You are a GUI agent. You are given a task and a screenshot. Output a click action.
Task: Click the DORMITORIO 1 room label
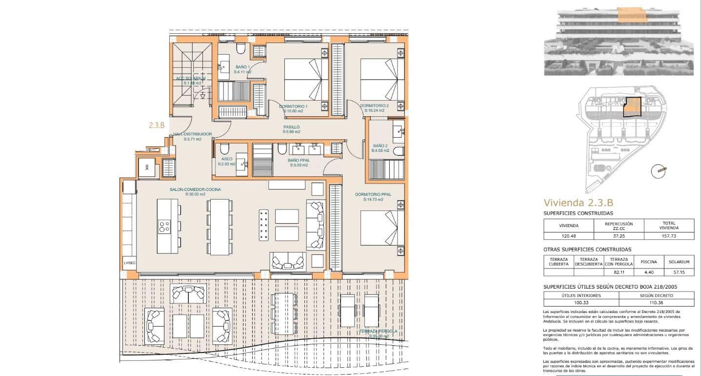[x=293, y=106]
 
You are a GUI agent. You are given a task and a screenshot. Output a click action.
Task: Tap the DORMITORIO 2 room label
[x=374, y=106]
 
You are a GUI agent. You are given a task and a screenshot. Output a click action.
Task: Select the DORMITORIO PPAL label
[x=373, y=194]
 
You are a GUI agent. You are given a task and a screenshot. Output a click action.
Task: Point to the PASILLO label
[x=291, y=127]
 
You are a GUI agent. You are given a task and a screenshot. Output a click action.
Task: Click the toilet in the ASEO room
[x=224, y=149]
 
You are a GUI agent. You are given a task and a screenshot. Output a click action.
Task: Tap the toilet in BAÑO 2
[x=398, y=150]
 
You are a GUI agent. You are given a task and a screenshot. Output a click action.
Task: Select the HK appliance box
[x=147, y=168]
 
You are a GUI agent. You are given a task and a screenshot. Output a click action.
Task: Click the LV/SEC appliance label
[x=130, y=263]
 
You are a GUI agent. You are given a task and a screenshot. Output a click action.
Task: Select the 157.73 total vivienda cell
[x=669, y=235]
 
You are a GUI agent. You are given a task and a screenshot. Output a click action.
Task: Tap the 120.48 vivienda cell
[x=568, y=235]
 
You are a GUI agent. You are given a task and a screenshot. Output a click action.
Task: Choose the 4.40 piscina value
[x=648, y=272]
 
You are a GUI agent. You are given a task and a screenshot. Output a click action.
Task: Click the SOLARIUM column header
[x=679, y=262]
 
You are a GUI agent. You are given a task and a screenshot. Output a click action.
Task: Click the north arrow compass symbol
[x=659, y=170]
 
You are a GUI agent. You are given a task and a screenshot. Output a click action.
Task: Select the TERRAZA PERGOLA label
[x=378, y=332]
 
